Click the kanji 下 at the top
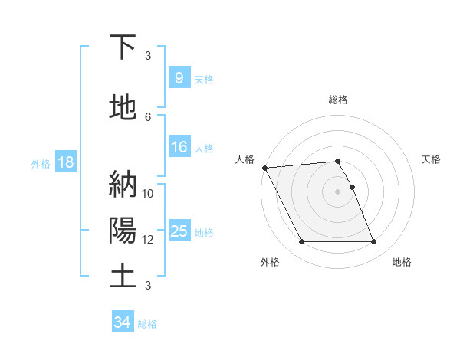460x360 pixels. point(123,47)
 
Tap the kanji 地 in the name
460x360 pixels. point(123,109)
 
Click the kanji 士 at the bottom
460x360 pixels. point(123,276)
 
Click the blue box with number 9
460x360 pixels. point(179,77)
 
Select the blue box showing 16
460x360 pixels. point(179,148)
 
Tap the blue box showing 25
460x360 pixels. point(179,231)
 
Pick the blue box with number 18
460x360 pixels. point(64,163)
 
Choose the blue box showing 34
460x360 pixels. point(122,323)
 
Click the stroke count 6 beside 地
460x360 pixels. point(148,116)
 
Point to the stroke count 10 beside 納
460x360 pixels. point(148,193)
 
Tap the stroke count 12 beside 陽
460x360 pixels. point(148,240)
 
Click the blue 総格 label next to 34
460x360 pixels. point(147,324)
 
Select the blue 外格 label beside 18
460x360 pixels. point(41,164)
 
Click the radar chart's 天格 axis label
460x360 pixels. point(432,159)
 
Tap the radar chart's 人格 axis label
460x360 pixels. point(245,159)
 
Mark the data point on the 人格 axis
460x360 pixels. point(264,168)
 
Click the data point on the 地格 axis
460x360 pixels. point(373,242)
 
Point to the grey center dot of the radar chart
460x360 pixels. point(337,191)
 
